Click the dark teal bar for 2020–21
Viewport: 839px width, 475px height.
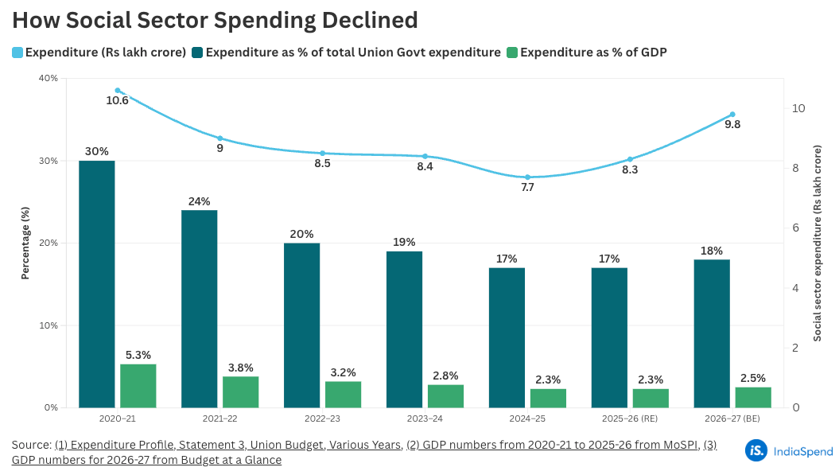97,284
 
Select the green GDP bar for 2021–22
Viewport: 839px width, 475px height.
240,392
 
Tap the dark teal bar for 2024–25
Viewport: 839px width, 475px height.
507,338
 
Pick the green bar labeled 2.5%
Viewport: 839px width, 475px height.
753,397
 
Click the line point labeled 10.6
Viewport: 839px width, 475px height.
118,91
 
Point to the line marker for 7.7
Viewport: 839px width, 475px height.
527,177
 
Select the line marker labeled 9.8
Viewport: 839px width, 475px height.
732,115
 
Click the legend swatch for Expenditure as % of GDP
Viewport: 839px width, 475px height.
512,53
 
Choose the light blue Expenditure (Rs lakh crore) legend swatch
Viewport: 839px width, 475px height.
17,53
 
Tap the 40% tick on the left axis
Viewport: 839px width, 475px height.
48,78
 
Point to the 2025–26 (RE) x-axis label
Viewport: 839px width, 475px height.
630,418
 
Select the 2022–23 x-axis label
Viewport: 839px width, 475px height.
322,418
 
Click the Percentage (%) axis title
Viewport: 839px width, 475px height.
25,243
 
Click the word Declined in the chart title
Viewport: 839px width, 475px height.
372,19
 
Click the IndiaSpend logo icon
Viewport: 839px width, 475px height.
756,450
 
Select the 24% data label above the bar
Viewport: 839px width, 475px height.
200,201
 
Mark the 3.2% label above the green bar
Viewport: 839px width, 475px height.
343,372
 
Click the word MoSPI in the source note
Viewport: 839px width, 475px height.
679,445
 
